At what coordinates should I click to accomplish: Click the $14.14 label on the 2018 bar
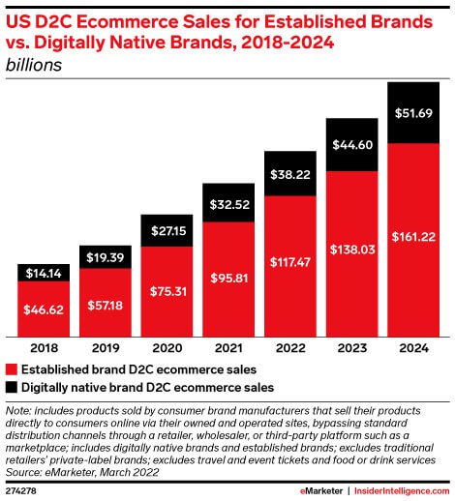tap(44, 274)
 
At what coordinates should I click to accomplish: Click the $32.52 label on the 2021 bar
tap(227, 205)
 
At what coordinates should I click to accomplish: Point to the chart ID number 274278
tap(22, 491)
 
